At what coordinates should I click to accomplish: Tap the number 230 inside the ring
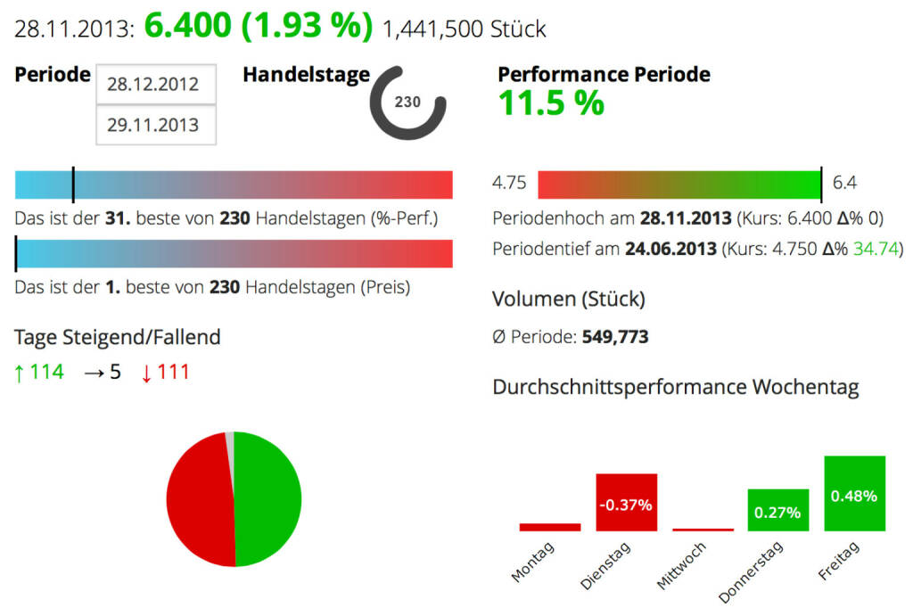[407, 103]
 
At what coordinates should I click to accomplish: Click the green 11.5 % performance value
[551, 104]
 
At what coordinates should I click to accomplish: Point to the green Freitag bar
[854, 494]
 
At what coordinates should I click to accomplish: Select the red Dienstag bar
[626, 503]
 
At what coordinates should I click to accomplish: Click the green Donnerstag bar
[777, 511]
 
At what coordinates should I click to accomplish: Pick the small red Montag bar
[550, 527]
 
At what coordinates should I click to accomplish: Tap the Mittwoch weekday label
[681, 566]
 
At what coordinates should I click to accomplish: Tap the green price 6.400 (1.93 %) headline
[259, 27]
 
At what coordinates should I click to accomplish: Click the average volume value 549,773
[615, 337]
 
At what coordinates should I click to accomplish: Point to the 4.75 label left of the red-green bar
[509, 184]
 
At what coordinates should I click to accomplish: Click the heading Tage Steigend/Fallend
[118, 337]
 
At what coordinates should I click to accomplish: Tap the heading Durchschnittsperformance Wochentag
[675, 388]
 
